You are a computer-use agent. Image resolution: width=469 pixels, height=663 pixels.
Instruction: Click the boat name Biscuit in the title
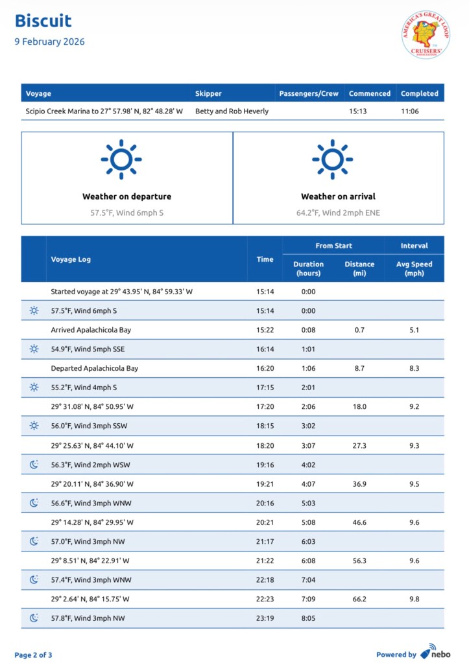[x=43, y=21]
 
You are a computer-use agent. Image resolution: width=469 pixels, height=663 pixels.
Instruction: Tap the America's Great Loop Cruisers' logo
[x=426, y=34]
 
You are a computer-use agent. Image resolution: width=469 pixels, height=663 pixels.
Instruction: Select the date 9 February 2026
[x=49, y=42]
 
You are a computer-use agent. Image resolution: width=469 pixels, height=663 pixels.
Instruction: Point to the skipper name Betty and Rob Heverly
[x=232, y=111]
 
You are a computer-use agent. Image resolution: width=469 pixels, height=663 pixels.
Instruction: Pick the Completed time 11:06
[x=411, y=111]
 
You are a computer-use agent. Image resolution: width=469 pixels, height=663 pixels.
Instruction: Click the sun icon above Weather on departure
[x=121, y=159]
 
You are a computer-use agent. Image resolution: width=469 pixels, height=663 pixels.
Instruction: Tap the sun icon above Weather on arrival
[x=332, y=159]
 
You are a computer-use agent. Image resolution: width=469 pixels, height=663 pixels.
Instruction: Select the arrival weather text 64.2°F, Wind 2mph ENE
[x=338, y=212]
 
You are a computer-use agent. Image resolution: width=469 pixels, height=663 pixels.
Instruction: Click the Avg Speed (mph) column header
[x=414, y=268]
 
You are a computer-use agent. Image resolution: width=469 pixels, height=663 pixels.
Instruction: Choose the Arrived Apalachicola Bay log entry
[x=91, y=330]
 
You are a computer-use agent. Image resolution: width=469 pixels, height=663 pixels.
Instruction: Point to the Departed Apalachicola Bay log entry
[x=94, y=368]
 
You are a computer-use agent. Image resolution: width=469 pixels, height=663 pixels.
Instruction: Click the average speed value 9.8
[x=414, y=599]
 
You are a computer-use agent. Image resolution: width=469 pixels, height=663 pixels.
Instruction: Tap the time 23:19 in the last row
[x=265, y=618]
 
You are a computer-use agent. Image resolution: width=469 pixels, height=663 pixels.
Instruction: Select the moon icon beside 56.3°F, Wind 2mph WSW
[x=34, y=464]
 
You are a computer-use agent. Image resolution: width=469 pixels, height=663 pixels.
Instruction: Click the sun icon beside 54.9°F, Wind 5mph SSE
[x=34, y=349]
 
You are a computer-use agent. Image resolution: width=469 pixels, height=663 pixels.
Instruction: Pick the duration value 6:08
[x=308, y=561]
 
